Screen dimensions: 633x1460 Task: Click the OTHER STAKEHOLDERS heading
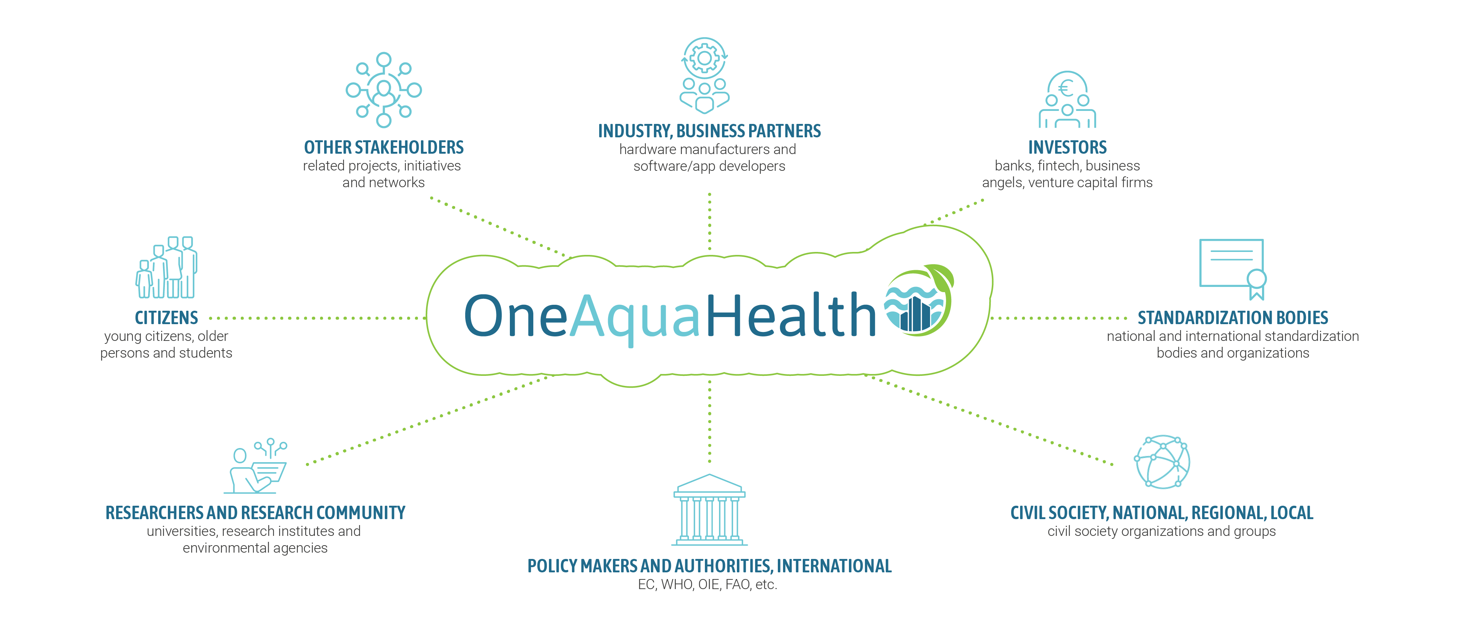coord(384,147)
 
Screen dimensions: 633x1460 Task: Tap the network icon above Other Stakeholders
coord(384,90)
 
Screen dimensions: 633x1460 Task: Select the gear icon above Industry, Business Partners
coord(705,58)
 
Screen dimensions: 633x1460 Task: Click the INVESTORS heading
coord(1067,147)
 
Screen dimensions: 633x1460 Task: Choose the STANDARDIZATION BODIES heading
coord(1233,317)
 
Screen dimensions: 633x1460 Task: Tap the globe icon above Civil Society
coord(1162,462)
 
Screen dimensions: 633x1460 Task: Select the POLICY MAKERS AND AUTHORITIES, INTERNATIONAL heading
coord(709,566)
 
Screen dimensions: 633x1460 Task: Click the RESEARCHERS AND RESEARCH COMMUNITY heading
coord(255,513)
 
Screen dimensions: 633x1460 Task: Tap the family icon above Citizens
coord(167,268)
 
